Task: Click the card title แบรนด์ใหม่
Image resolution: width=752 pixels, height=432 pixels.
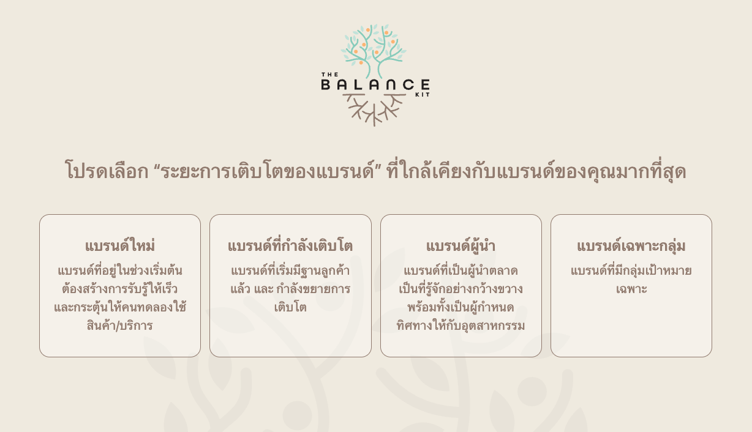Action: click(x=120, y=246)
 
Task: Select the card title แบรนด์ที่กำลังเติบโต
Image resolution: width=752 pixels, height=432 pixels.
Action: click(x=290, y=246)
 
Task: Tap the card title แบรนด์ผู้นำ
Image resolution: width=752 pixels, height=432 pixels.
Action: click(x=461, y=246)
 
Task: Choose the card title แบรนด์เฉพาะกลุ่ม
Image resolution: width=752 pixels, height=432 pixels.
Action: click(x=631, y=246)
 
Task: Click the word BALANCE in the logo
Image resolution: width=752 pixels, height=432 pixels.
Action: click(x=375, y=84)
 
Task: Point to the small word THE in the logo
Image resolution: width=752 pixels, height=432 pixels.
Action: click(x=329, y=74)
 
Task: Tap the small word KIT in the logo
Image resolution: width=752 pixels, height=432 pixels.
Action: click(x=423, y=94)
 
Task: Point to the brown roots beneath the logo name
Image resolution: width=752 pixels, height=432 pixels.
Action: click(x=374, y=109)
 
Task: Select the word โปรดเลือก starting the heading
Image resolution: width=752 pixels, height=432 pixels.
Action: click(x=107, y=171)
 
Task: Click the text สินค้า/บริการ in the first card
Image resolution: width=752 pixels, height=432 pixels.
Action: click(x=120, y=326)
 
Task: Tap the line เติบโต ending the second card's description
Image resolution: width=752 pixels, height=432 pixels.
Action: click(x=290, y=307)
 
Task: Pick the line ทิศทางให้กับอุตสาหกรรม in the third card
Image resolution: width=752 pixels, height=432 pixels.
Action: click(x=461, y=326)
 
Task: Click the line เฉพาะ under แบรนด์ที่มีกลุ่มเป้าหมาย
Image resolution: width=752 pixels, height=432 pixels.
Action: click(x=631, y=289)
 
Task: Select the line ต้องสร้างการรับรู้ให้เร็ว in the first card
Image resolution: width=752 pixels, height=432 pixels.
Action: click(x=120, y=289)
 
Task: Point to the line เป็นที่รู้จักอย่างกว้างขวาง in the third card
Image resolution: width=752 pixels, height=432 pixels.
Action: click(x=461, y=289)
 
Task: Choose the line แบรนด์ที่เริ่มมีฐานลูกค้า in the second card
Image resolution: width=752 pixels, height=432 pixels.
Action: click(x=290, y=270)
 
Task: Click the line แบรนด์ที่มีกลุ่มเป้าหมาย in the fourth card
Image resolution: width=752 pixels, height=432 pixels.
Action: click(x=631, y=270)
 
